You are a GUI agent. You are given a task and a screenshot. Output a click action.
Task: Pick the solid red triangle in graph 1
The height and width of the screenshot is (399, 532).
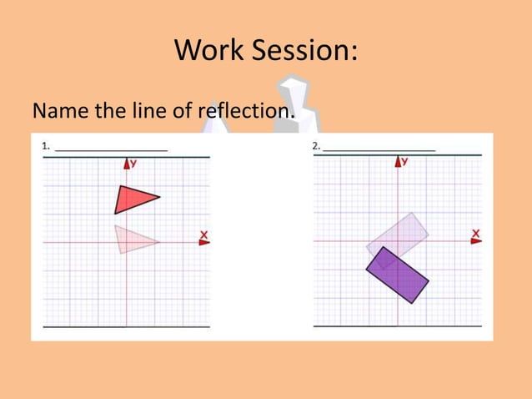point(132,199)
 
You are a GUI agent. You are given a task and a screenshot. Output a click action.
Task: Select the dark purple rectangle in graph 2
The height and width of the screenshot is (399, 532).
point(398,275)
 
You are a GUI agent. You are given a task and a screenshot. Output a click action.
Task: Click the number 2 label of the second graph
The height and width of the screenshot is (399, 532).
point(316,146)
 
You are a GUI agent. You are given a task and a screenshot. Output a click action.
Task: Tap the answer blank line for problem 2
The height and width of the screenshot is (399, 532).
point(379,149)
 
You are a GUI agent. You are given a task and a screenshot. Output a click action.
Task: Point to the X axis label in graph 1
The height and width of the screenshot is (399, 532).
point(203,233)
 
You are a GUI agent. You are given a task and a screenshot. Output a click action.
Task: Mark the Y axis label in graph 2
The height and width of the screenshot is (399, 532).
point(404,161)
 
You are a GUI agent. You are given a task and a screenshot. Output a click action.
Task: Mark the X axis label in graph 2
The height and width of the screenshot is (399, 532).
point(475,232)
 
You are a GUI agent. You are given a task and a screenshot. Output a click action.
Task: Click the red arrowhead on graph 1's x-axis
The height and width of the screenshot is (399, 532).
point(204,242)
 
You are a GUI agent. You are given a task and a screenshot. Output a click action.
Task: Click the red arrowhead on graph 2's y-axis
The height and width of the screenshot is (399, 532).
point(395,162)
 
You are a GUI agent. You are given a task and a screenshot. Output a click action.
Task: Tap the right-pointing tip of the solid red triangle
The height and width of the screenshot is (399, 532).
point(158,198)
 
